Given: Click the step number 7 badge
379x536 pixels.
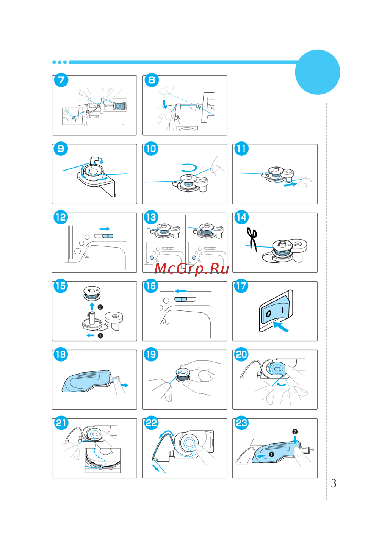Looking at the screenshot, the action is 61,80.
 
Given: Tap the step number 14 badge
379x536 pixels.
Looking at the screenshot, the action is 242,217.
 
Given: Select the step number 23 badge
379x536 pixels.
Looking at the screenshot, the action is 242,423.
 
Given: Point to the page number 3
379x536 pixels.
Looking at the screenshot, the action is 333,483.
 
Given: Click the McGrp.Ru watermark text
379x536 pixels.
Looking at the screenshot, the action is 192,269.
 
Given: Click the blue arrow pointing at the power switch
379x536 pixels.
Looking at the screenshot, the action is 281,327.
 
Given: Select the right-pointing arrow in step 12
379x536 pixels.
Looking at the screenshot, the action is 105,229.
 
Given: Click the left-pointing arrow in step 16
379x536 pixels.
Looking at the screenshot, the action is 181,291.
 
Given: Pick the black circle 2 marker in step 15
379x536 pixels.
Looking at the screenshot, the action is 100,307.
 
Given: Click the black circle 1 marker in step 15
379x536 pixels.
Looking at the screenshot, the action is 100,336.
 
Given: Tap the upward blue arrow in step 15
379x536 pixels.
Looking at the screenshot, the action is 92,306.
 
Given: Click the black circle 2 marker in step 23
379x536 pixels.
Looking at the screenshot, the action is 295,432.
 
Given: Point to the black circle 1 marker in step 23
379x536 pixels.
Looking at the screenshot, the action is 271,454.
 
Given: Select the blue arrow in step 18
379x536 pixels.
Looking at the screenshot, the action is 124,385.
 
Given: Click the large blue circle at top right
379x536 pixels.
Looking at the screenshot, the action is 318,72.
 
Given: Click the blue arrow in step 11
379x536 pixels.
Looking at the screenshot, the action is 290,185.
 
